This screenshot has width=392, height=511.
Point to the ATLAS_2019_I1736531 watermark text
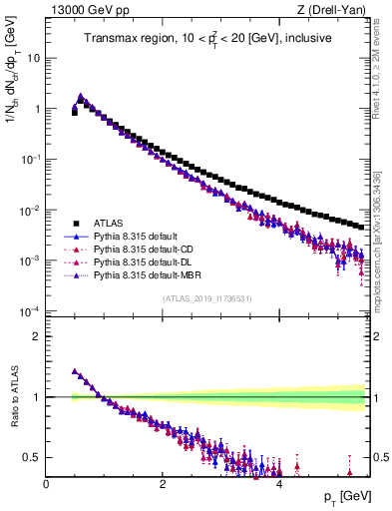[x=207, y=297]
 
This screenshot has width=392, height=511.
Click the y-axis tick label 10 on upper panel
[x=35, y=58]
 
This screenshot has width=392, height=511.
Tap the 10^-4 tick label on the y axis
[x=30, y=311]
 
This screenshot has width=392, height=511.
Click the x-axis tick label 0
[x=46, y=484]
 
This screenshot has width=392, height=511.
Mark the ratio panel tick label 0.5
[x=33, y=458]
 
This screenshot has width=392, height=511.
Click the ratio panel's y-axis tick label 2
[x=37, y=336]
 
